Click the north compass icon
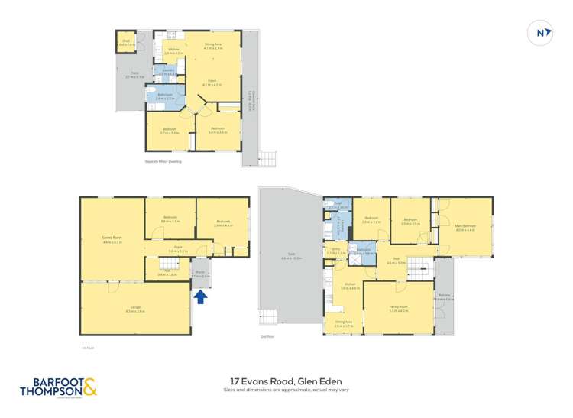tap(540, 33)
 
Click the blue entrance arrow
tap(200, 296)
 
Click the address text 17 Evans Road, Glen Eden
tap(286, 381)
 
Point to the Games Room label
tap(112, 238)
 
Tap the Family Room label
tap(398, 307)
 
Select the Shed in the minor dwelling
tap(127, 43)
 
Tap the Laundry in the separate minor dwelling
tap(167, 72)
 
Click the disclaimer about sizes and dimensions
tap(286, 390)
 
